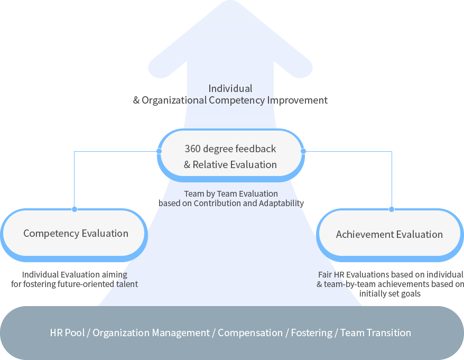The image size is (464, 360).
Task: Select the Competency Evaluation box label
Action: pos(76,233)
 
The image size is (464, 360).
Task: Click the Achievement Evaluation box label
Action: pos(389,235)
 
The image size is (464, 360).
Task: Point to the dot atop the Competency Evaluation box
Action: pos(75,209)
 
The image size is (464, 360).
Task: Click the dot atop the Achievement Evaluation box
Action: pos(392,209)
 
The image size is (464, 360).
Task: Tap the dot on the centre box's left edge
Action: pos(159,151)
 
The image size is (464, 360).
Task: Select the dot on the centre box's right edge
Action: pos(303,151)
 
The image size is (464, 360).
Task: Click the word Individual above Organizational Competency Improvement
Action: pos(230,88)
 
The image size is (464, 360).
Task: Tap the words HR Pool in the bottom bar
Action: pos(67,333)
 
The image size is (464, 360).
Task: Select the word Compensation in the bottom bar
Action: pos(250,333)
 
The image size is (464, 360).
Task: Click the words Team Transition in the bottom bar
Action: pos(376,333)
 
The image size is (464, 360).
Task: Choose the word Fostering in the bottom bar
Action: pos(312,333)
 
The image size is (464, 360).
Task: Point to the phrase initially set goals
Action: pos(389,294)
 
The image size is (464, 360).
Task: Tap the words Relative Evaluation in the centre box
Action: pos(235,164)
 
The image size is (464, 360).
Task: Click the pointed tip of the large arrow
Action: pos(230,1)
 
